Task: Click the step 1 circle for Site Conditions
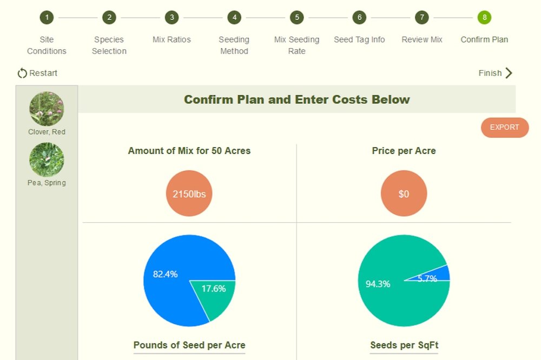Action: click(x=47, y=17)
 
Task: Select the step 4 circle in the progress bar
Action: click(x=234, y=17)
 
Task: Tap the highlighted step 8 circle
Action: click(x=484, y=17)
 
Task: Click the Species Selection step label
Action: click(x=109, y=45)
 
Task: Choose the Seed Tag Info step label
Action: click(x=359, y=39)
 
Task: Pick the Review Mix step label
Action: click(x=422, y=39)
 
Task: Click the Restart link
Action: click(x=37, y=73)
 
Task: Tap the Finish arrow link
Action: click(x=495, y=73)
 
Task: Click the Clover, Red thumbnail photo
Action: click(x=47, y=109)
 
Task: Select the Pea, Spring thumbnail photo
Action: click(x=47, y=159)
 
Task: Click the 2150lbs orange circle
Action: click(x=189, y=194)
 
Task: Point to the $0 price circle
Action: click(x=404, y=194)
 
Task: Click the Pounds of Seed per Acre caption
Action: click(x=189, y=345)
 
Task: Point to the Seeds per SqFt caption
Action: click(x=404, y=345)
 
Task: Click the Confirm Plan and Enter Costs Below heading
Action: click(x=296, y=99)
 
